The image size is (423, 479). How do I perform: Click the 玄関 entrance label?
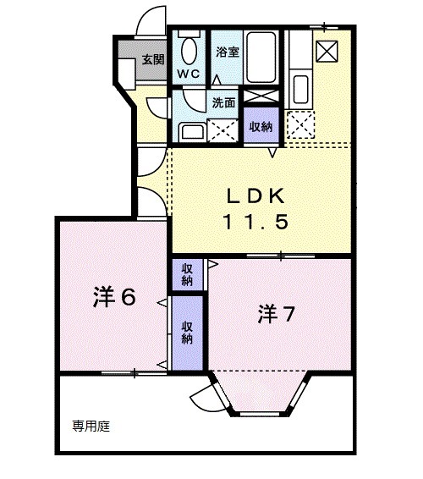click(153, 59)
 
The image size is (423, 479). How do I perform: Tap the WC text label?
click(188, 74)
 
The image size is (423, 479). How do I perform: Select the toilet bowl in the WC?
click(188, 51)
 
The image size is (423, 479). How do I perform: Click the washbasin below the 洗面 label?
click(190, 131)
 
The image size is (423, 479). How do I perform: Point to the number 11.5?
click(257, 222)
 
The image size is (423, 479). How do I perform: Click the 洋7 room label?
click(276, 315)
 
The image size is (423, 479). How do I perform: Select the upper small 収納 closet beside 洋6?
click(187, 274)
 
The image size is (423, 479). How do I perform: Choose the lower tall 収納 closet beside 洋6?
click(187, 331)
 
